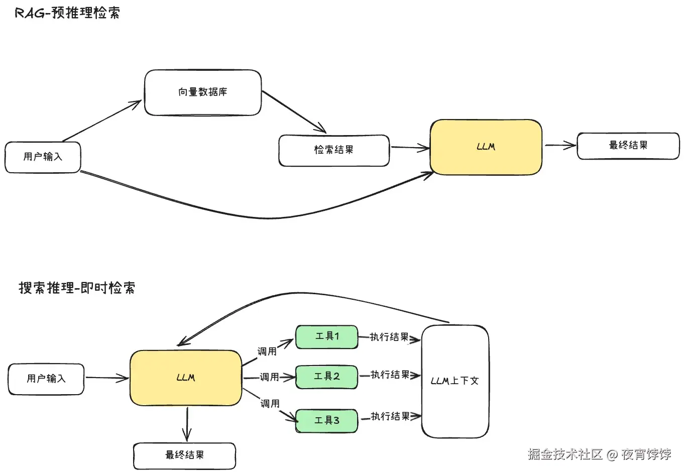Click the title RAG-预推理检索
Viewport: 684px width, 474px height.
[67, 13]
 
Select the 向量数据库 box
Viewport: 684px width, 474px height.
[203, 92]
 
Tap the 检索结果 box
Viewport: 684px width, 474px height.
[334, 150]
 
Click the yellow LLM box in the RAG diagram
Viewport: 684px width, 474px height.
[486, 147]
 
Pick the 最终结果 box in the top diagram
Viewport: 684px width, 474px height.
[628, 146]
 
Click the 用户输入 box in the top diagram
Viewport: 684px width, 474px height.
[43, 157]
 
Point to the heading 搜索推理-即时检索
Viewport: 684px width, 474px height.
[77, 288]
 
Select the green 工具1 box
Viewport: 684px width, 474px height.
[327, 336]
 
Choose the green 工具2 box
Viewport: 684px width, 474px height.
[327, 377]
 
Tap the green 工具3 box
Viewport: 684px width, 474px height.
[327, 420]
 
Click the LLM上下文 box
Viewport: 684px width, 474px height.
[455, 381]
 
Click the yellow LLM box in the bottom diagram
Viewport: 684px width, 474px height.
[186, 378]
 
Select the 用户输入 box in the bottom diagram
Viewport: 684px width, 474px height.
[46, 379]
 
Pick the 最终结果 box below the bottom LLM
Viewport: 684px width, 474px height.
[184, 455]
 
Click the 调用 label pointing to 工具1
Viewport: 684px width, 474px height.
[267, 351]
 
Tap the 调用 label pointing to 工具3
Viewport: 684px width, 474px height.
[270, 404]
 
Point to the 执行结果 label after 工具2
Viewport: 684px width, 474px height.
[390, 375]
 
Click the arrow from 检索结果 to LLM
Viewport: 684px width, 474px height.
[410, 148]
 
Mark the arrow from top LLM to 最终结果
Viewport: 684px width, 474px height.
[560, 146]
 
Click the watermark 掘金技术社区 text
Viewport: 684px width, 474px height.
[565, 454]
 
